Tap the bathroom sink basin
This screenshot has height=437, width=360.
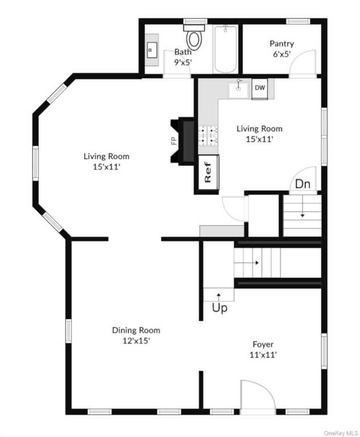(152, 50)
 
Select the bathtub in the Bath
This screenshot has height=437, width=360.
(225, 49)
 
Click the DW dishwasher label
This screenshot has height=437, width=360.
(260, 88)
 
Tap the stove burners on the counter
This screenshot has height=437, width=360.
(208, 136)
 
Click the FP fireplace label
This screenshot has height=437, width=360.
(174, 141)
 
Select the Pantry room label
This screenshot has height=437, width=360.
(282, 44)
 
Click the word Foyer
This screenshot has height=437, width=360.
(263, 344)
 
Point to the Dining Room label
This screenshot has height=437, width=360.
(136, 330)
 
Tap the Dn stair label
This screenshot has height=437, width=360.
(303, 184)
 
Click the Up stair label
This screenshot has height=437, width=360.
(220, 308)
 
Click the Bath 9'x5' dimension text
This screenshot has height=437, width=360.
(183, 62)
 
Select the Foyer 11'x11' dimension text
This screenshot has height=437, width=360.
(263, 355)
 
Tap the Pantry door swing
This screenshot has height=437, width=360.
(303, 64)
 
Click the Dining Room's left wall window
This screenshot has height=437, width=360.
(68, 331)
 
